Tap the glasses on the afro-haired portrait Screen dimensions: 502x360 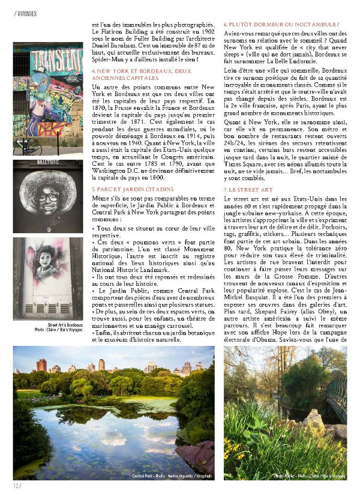48,195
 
